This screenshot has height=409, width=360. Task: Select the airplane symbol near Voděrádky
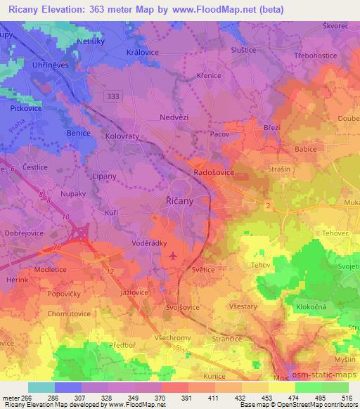pos(174,256)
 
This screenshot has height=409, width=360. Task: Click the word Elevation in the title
pos(71,8)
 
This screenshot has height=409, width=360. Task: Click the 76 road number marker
pos(56,247)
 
